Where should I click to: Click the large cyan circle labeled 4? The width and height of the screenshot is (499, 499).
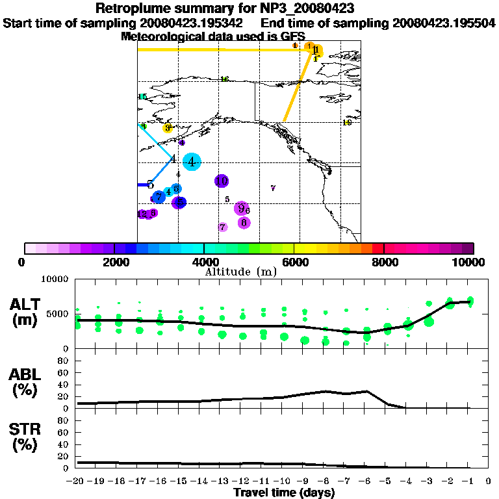192,162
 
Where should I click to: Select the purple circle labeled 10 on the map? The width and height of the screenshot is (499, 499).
222,181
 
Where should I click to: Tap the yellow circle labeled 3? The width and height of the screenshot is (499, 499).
168,128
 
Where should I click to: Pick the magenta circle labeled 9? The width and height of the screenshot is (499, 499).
241,209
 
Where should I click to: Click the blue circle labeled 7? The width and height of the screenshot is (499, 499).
159,196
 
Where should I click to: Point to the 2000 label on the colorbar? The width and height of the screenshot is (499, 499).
114,262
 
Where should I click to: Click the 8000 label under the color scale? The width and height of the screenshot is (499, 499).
384,262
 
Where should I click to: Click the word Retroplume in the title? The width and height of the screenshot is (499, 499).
131,9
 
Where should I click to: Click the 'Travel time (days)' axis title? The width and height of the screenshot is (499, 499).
284,493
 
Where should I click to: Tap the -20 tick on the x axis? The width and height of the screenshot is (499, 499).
77,481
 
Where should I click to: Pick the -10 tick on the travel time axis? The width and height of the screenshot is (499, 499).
283,481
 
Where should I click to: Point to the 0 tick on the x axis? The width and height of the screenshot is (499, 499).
488,481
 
